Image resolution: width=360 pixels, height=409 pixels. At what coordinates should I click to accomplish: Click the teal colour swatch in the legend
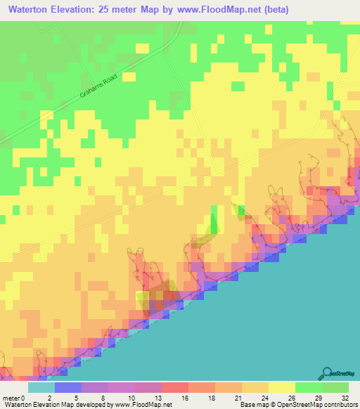41,387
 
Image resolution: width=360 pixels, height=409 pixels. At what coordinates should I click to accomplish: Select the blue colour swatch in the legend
67,387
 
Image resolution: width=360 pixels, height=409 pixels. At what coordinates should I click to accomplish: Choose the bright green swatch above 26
308,387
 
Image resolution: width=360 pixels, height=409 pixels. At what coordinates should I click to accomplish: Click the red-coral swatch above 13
174,387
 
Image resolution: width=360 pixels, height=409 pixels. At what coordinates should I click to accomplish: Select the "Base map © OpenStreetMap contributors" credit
297,405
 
